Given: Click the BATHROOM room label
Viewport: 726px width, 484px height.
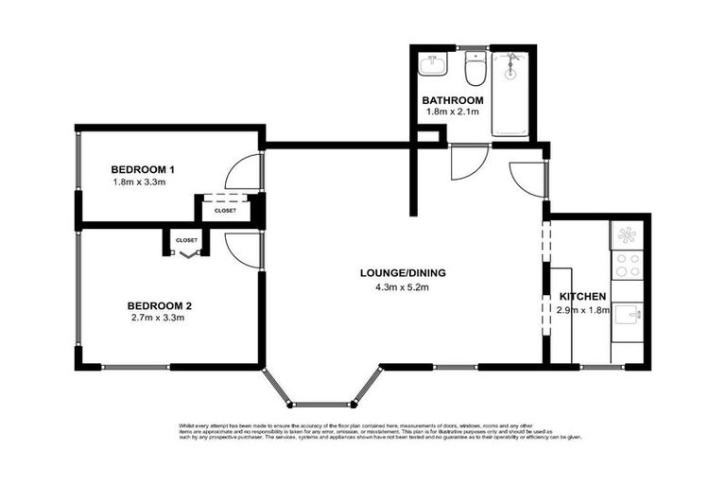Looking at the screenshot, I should tap(453, 100).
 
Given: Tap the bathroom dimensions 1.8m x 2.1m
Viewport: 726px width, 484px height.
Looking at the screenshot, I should tap(453, 112).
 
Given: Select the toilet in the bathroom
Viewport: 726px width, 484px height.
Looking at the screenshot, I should tap(475, 69).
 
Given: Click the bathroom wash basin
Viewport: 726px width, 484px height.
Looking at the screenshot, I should tap(434, 64).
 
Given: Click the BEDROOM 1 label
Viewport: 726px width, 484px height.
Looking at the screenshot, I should tap(142, 169).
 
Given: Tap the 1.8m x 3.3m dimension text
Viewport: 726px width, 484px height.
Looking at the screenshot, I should tap(140, 181).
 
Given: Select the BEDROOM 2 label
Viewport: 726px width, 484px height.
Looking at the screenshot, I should tap(160, 305).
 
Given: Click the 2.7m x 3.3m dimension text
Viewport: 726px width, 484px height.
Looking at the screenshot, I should tap(157, 318).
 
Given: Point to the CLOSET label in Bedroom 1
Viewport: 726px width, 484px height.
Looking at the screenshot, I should tap(225, 211).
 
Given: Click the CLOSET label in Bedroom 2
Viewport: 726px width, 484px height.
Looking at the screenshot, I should tap(186, 240).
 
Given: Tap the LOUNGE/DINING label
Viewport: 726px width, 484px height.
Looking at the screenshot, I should tap(402, 274).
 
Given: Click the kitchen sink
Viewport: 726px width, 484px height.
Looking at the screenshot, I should tap(628, 315).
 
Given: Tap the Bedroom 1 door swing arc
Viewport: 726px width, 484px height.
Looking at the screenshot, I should tap(238, 173).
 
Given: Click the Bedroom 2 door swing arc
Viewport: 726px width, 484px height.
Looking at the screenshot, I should tap(238, 248).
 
